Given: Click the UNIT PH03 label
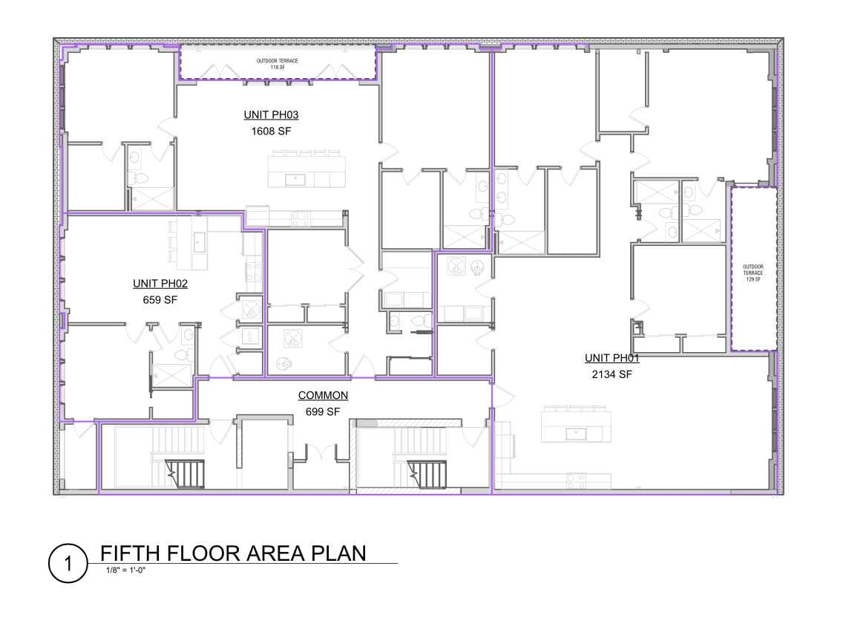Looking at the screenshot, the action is [271, 115].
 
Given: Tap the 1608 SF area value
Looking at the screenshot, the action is [271, 131].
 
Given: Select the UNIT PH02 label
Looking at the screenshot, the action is [160, 284].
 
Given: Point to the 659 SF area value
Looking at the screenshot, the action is [160, 300].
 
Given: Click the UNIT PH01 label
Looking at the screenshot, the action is [612, 358].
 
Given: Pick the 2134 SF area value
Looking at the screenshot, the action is [612, 374].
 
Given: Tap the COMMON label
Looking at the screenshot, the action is [323, 395].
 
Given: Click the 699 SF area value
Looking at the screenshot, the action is [323, 412].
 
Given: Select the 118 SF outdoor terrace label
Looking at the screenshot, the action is [278, 64].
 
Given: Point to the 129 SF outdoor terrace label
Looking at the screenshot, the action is [753, 273].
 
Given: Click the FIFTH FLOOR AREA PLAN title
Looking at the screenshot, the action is [233, 553].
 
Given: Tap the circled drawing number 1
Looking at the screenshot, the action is [68, 563].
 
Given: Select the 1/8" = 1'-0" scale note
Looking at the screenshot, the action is [125, 570].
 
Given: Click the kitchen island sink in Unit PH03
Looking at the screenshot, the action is [295, 179].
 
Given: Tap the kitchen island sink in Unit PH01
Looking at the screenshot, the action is [576, 433].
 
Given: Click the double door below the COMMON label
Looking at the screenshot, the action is [321, 452].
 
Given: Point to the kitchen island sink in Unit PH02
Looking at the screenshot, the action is [199, 242].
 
